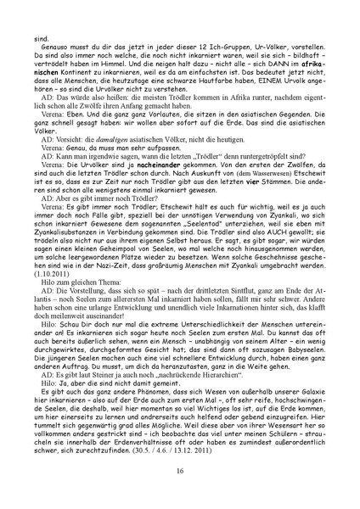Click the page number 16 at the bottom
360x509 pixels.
pos(180,471)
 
